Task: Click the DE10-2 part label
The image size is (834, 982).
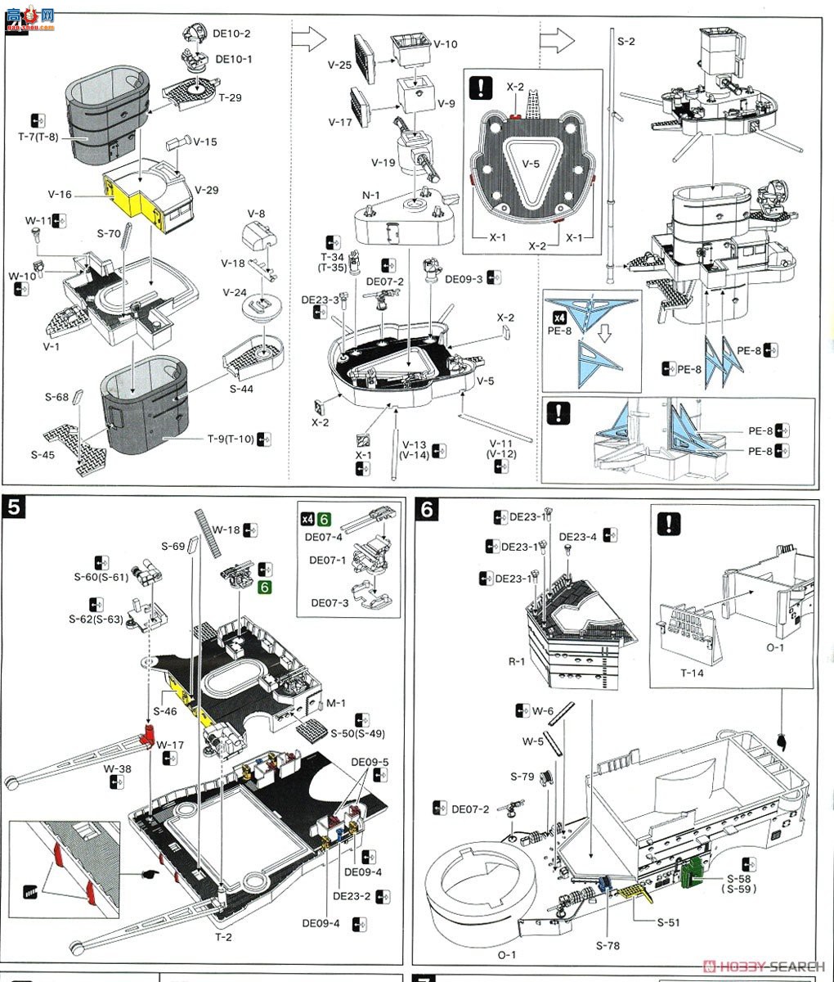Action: pyautogui.click(x=233, y=34)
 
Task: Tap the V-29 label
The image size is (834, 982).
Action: pyautogui.click(x=207, y=190)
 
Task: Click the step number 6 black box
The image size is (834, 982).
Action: pyautogui.click(x=427, y=511)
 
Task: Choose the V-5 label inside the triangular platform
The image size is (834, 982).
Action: pyautogui.click(x=531, y=163)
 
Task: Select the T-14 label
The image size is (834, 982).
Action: pyautogui.click(x=692, y=673)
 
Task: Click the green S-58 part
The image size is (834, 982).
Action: pyautogui.click(x=693, y=873)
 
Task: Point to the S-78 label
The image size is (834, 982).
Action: pyautogui.click(x=608, y=945)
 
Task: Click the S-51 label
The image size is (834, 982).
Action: pyautogui.click(x=668, y=922)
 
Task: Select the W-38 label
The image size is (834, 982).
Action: pyautogui.click(x=116, y=769)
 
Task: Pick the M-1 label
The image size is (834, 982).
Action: pyautogui.click(x=336, y=703)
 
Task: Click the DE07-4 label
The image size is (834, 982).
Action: pyautogui.click(x=326, y=537)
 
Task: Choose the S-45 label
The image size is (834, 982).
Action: pyautogui.click(x=43, y=455)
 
